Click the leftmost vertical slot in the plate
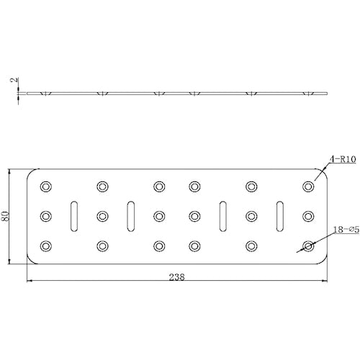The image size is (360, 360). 73,215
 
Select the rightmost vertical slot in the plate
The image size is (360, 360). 280,215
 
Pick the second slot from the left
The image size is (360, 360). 130,215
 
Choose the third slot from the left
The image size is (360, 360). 223,215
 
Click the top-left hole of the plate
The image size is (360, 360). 46,186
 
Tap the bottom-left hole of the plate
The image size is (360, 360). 46,246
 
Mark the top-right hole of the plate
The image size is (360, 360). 308,186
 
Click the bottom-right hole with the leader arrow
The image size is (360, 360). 308,246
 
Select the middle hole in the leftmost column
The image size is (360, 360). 46,215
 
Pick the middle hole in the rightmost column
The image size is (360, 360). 308,215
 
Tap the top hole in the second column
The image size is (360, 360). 102,186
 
